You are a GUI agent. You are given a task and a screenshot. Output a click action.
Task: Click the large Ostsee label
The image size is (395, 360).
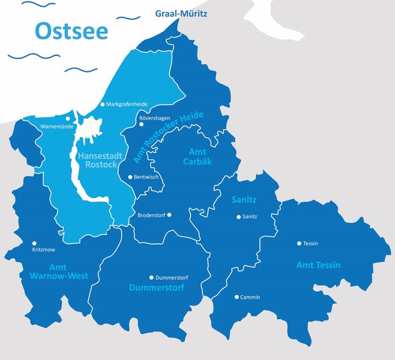pyautogui.click(x=71, y=30)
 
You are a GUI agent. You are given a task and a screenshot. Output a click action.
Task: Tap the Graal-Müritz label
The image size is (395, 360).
pyautogui.click(x=181, y=13)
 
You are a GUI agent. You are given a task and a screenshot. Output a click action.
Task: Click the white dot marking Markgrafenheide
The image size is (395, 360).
pyautogui.click(x=102, y=104)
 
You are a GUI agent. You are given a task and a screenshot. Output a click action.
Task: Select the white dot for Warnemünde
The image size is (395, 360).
pyautogui.click(x=68, y=119)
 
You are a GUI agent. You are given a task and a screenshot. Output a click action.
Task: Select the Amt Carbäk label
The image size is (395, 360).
pyautogui.click(x=200, y=156)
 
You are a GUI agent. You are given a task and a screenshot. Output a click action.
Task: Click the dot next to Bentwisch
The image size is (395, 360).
pyautogui.click(x=131, y=176)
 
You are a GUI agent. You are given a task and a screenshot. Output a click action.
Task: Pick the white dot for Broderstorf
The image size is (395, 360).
pyautogui.click(x=169, y=215)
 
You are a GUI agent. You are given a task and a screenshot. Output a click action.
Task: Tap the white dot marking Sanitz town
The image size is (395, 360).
pyautogui.click(x=239, y=217)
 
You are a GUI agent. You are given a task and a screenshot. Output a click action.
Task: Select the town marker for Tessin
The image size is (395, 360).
pyautogui.click(x=299, y=243)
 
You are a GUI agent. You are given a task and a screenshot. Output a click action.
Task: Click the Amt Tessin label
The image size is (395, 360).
pyautogui.click(x=319, y=264)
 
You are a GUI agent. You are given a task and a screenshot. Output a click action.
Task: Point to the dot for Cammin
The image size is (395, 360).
pyautogui.click(x=236, y=297)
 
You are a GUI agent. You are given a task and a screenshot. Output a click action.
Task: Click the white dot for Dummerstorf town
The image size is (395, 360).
pyautogui.click(x=151, y=277)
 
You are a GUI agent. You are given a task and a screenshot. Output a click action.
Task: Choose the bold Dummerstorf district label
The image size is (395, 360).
pyautogui.click(x=157, y=288)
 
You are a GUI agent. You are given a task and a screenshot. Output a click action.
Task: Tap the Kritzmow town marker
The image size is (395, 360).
pyautogui.click(x=34, y=243)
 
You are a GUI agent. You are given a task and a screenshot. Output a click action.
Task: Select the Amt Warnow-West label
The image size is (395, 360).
pyautogui.click(x=59, y=271)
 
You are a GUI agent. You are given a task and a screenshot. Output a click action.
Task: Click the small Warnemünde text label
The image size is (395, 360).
pyautogui.click(x=58, y=127)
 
